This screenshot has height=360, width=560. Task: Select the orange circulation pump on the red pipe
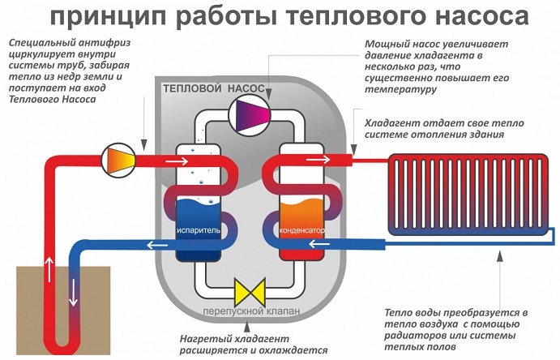coord(118,154)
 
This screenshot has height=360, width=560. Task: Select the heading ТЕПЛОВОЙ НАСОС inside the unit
coord(209,87)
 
